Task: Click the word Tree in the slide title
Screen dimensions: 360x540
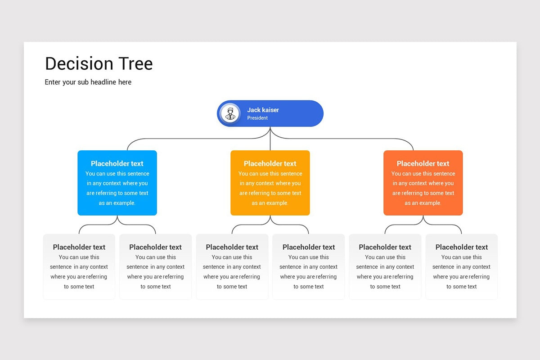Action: pyautogui.click(x=135, y=64)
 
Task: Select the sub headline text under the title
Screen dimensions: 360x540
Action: pyautogui.click(x=88, y=82)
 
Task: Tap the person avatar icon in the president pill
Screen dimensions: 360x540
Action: pyautogui.click(x=230, y=113)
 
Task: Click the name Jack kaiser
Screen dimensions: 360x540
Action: pyautogui.click(x=263, y=110)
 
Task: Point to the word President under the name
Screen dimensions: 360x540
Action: pyautogui.click(x=257, y=118)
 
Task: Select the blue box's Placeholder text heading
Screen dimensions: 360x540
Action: pyautogui.click(x=117, y=163)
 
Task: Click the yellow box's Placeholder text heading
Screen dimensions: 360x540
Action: pyautogui.click(x=270, y=163)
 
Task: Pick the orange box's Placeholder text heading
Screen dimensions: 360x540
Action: pyautogui.click(x=423, y=163)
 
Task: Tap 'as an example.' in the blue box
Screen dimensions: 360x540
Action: pyautogui.click(x=117, y=203)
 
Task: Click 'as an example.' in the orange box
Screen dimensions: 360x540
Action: pyautogui.click(x=423, y=203)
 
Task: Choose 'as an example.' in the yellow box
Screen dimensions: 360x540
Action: pyautogui.click(x=270, y=203)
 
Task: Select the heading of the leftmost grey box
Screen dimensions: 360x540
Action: pyautogui.click(x=79, y=247)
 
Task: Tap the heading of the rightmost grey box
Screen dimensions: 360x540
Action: pyautogui.click(x=462, y=247)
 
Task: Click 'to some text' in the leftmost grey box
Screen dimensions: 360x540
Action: pyautogui.click(x=79, y=287)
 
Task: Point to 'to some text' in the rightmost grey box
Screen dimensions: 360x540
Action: pyautogui.click(x=462, y=287)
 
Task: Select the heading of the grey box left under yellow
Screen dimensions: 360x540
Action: pyautogui.click(x=232, y=247)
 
